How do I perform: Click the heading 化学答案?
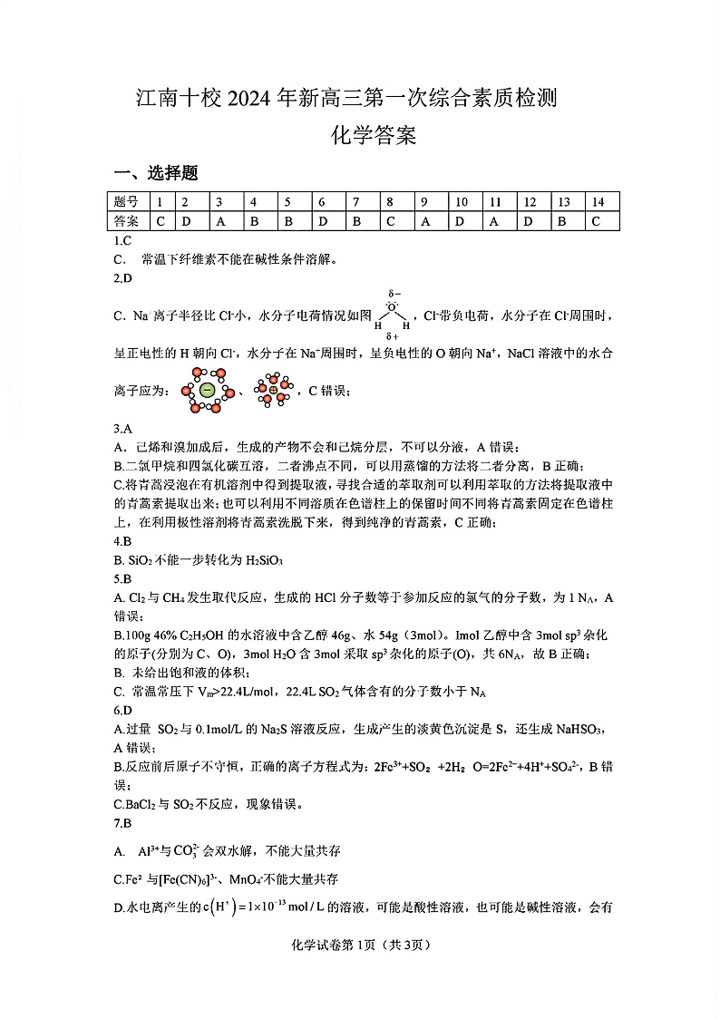tap(374, 137)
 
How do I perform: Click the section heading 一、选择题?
tap(155, 173)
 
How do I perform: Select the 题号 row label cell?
tap(127, 202)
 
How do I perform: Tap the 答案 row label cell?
tap(127, 220)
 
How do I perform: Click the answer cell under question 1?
tap(161, 220)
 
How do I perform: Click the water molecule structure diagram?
tap(393, 315)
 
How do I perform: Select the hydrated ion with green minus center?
tap(207, 391)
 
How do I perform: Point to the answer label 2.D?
tap(123, 277)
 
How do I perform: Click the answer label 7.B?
tap(123, 823)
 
